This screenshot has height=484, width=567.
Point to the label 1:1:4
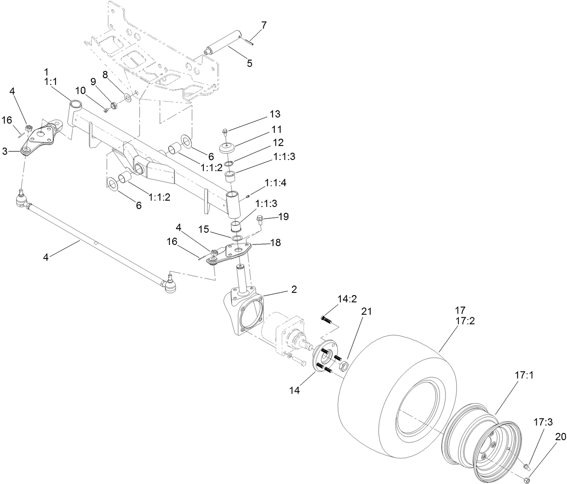[283, 183]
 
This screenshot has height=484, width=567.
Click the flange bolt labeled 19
[260, 220]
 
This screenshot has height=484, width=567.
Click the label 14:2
[347, 299]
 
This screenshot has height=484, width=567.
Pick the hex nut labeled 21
[343, 365]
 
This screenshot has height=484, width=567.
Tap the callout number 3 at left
[5, 151]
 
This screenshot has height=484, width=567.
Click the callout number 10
[80, 91]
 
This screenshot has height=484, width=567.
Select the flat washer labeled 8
[127, 98]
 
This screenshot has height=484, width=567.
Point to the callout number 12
[278, 142]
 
